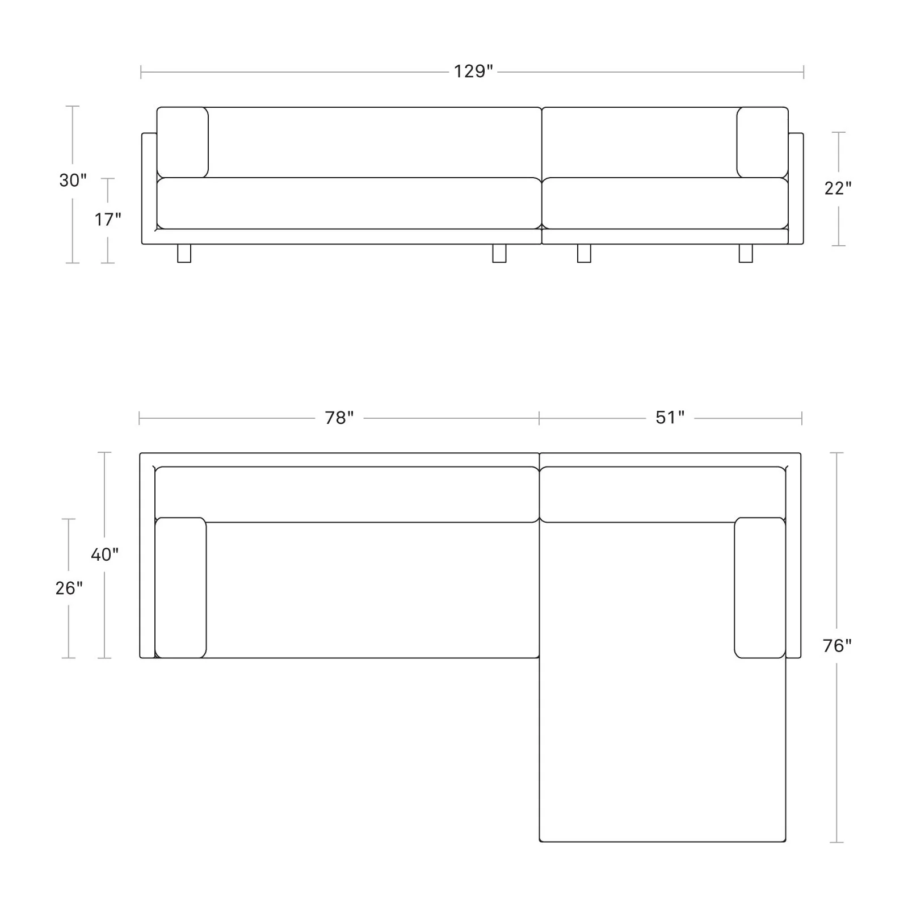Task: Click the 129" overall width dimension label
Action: pyautogui.click(x=473, y=72)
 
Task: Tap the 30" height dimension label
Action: pyautogui.click(x=73, y=180)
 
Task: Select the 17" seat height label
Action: pyautogui.click(x=108, y=218)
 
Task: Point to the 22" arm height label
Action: pyautogui.click(x=838, y=188)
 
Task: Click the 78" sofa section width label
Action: pyautogui.click(x=339, y=418)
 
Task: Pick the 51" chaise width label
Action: pyautogui.click(x=670, y=418)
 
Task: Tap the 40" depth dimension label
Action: pyautogui.click(x=105, y=554)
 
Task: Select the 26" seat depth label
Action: pyautogui.click(x=69, y=588)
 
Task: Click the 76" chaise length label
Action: pyautogui.click(x=838, y=646)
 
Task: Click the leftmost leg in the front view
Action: pyautogui.click(x=184, y=254)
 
